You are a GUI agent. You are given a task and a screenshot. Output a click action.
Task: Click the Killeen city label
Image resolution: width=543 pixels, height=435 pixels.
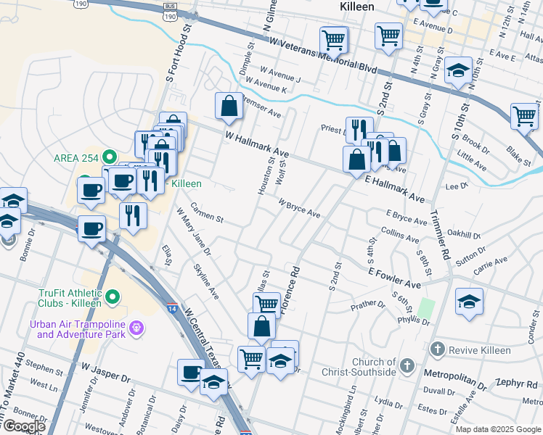356,6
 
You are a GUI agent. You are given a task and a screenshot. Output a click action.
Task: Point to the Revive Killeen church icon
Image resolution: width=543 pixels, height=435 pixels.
437,350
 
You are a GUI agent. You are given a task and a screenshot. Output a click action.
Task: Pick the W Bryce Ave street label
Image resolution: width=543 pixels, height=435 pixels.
298,209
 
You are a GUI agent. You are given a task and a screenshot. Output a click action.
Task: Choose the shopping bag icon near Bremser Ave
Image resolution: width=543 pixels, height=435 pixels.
229,106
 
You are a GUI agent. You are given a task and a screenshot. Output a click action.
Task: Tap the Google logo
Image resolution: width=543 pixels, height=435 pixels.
24,426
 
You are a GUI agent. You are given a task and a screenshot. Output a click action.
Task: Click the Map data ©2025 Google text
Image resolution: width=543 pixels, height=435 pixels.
497,429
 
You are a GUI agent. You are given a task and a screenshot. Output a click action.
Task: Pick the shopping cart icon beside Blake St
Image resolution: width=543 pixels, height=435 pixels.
524,116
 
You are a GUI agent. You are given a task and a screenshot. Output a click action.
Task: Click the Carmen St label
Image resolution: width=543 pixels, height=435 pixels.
206,215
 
